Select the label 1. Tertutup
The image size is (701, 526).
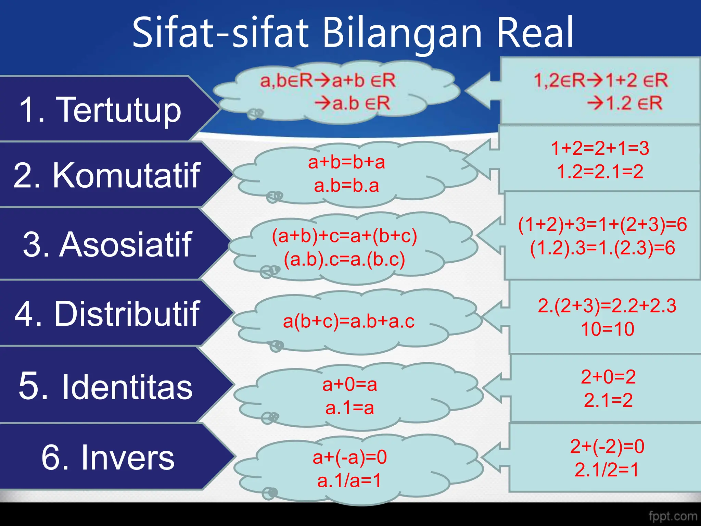click(100, 109)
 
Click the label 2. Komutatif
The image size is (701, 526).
click(107, 175)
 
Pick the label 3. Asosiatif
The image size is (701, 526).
click(107, 244)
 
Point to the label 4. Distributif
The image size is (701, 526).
click(107, 313)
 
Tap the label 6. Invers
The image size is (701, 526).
click(108, 457)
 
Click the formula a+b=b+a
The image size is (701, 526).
click(346, 162)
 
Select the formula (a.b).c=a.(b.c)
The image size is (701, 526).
click(344, 259)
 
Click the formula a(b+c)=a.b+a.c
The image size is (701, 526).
click(349, 321)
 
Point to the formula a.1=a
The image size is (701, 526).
click(349, 408)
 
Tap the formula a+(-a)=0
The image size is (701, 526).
click(349, 457)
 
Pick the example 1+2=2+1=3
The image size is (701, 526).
click(600, 148)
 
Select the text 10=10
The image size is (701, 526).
click(608, 329)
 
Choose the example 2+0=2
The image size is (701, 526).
click(608, 377)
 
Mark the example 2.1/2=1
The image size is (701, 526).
click(607, 469)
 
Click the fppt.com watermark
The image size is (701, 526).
click(673, 516)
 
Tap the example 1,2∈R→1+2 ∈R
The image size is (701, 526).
click(601, 80)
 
